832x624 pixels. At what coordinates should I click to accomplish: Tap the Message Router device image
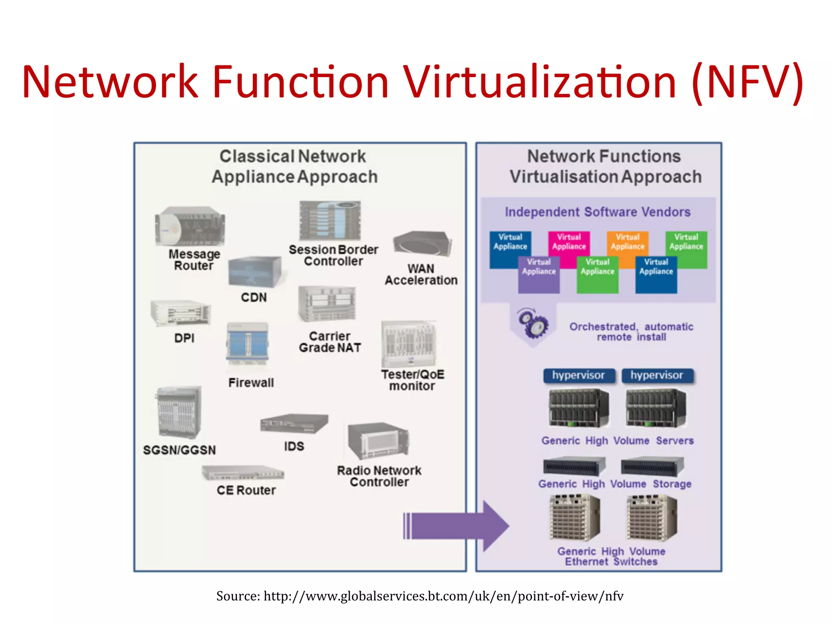pos(190,226)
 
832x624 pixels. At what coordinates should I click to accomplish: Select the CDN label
pos(254,297)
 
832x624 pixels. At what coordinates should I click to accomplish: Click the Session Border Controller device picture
pos(330,221)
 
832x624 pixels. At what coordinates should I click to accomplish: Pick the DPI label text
pos(184,338)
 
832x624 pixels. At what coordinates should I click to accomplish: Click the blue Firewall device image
pos(248,342)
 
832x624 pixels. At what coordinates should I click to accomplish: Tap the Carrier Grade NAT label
pos(330,342)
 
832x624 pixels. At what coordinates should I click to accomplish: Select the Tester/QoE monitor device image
pos(409,344)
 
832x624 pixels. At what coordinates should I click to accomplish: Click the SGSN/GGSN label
pos(179,450)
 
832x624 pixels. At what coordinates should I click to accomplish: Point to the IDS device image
pos(294,424)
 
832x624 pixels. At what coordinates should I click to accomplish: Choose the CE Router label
pos(246,490)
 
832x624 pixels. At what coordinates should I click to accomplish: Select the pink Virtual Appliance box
pos(568,243)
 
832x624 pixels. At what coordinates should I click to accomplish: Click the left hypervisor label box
pos(578,375)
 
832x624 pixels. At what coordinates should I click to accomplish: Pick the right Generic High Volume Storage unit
pos(652,466)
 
